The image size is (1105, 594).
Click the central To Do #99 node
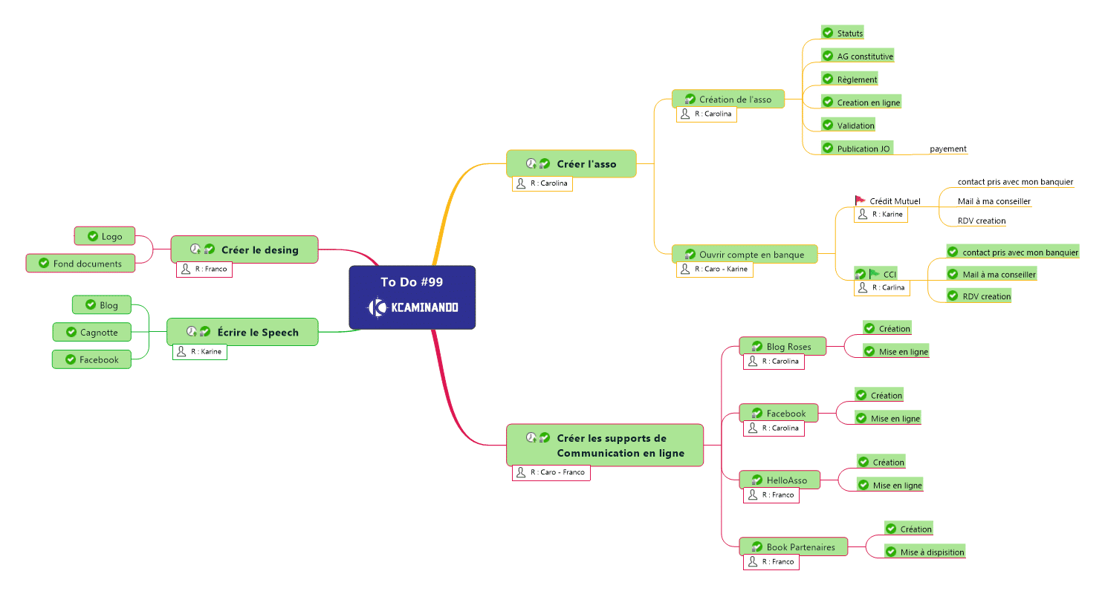tap(412, 296)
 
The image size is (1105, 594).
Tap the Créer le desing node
tap(244, 249)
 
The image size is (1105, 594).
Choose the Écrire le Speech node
tap(242, 332)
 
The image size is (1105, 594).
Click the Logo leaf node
tap(108, 236)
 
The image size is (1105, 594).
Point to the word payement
tap(948, 148)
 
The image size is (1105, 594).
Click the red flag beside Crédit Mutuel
tap(861, 200)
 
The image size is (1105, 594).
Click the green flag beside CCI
tap(875, 274)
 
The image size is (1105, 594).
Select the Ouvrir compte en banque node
tap(745, 254)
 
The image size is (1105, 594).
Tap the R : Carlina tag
tap(881, 287)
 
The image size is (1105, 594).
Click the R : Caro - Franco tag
tap(551, 472)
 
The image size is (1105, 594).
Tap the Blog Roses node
tap(783, 346)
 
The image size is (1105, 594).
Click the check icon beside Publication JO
tap(828, 148)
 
